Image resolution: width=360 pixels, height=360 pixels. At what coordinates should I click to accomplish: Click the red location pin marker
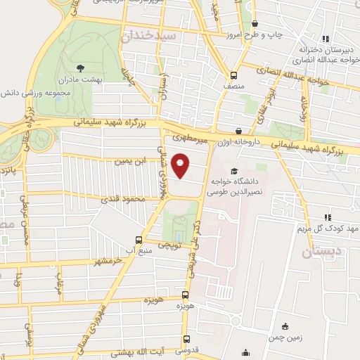(x=181, y=165)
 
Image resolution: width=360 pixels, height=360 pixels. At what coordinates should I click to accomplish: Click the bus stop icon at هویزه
(x=186, y=295)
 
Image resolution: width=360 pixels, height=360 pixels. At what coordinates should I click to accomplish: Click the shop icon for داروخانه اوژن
(x=240, y=131)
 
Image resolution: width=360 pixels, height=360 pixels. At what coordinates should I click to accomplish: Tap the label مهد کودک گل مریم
(x=330, y=229)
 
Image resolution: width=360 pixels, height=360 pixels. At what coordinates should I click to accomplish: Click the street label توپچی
(x=167, y=246)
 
